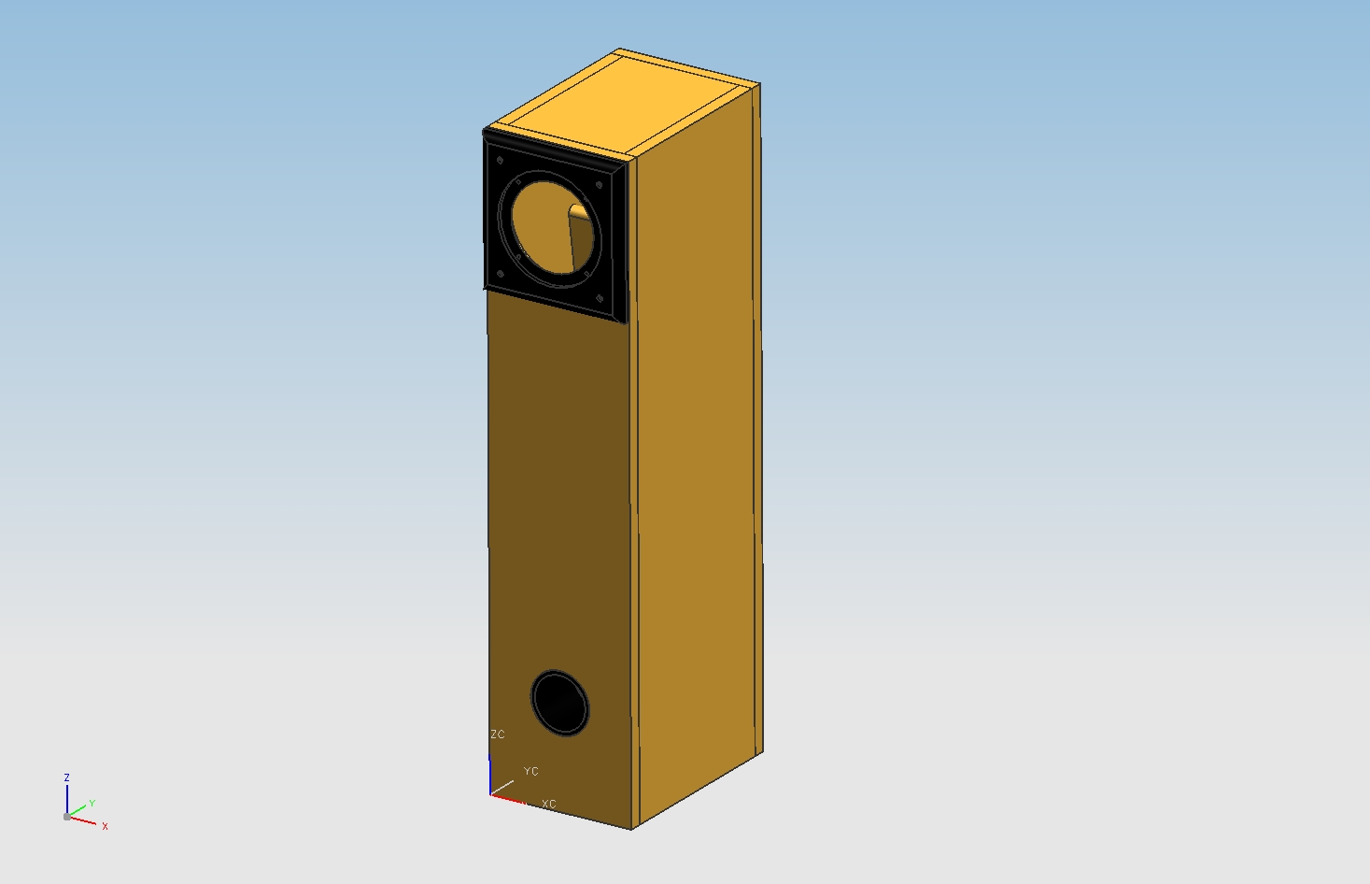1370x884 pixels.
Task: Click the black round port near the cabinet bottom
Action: coord(559,703)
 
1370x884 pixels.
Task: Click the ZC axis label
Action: coord(497,734)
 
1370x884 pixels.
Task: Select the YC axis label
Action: coord(530,771)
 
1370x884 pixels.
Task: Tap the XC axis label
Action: coord(548,805)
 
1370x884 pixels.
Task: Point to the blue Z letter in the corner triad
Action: coord(66,777)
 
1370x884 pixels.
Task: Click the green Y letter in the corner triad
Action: coord(92,804)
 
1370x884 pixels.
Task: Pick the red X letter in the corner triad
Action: coord(105,826)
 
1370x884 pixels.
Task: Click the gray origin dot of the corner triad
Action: coord(67,817)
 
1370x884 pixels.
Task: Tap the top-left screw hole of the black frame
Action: coord(500,161)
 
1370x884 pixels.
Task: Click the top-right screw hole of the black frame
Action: coord(600,185)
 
